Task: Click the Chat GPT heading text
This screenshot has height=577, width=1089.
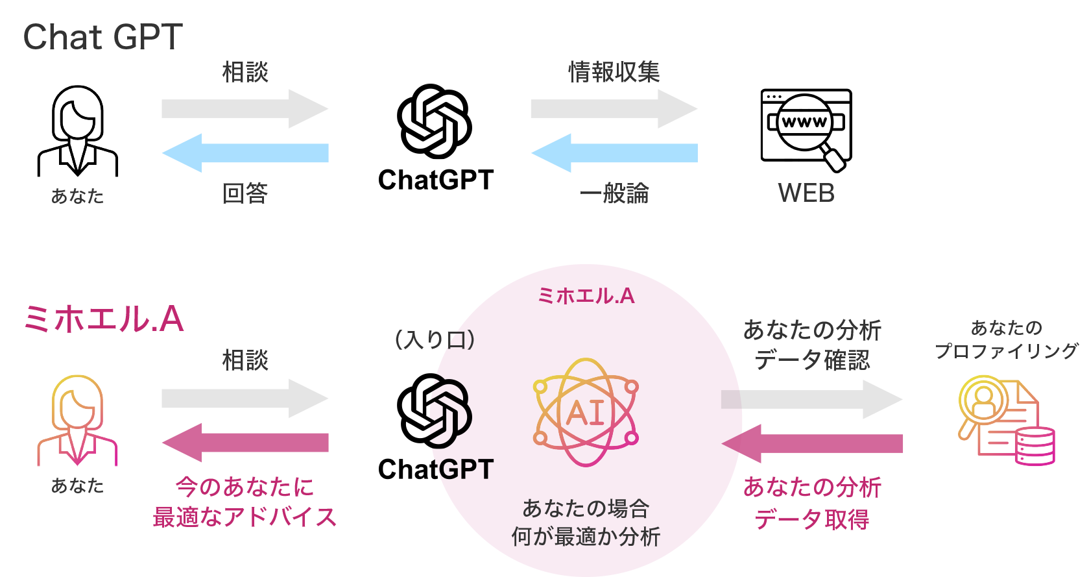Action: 102,38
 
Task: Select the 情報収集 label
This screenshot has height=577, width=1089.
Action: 614,72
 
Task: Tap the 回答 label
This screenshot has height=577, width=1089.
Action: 245,193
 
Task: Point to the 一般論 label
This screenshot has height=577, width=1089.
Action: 614,193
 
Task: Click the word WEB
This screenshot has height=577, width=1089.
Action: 806,193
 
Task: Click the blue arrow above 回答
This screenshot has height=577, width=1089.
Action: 245,153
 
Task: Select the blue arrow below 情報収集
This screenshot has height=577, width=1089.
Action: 614,153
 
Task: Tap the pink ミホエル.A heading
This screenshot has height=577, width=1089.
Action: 104,319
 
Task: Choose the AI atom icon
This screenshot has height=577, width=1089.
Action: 585,413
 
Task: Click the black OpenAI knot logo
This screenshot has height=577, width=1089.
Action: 449,411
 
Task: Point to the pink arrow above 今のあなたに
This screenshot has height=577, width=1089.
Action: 245,443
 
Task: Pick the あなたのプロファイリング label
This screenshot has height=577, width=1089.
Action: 1006,339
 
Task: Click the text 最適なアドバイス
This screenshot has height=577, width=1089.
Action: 245,517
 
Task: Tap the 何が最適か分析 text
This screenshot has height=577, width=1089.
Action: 585,537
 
